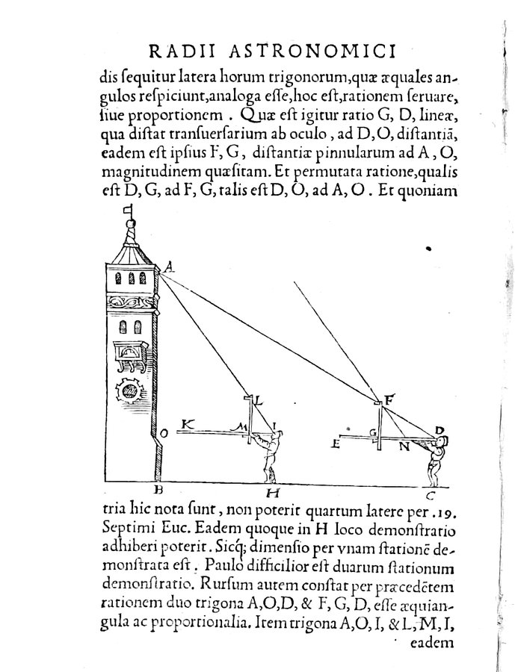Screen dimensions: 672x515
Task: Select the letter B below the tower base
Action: tap(158, 490)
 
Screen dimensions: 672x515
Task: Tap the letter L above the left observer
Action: tap(259, 402)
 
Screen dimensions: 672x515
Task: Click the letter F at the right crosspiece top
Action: tap(388, 399)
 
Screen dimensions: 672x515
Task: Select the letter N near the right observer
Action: tap(404, 448)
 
